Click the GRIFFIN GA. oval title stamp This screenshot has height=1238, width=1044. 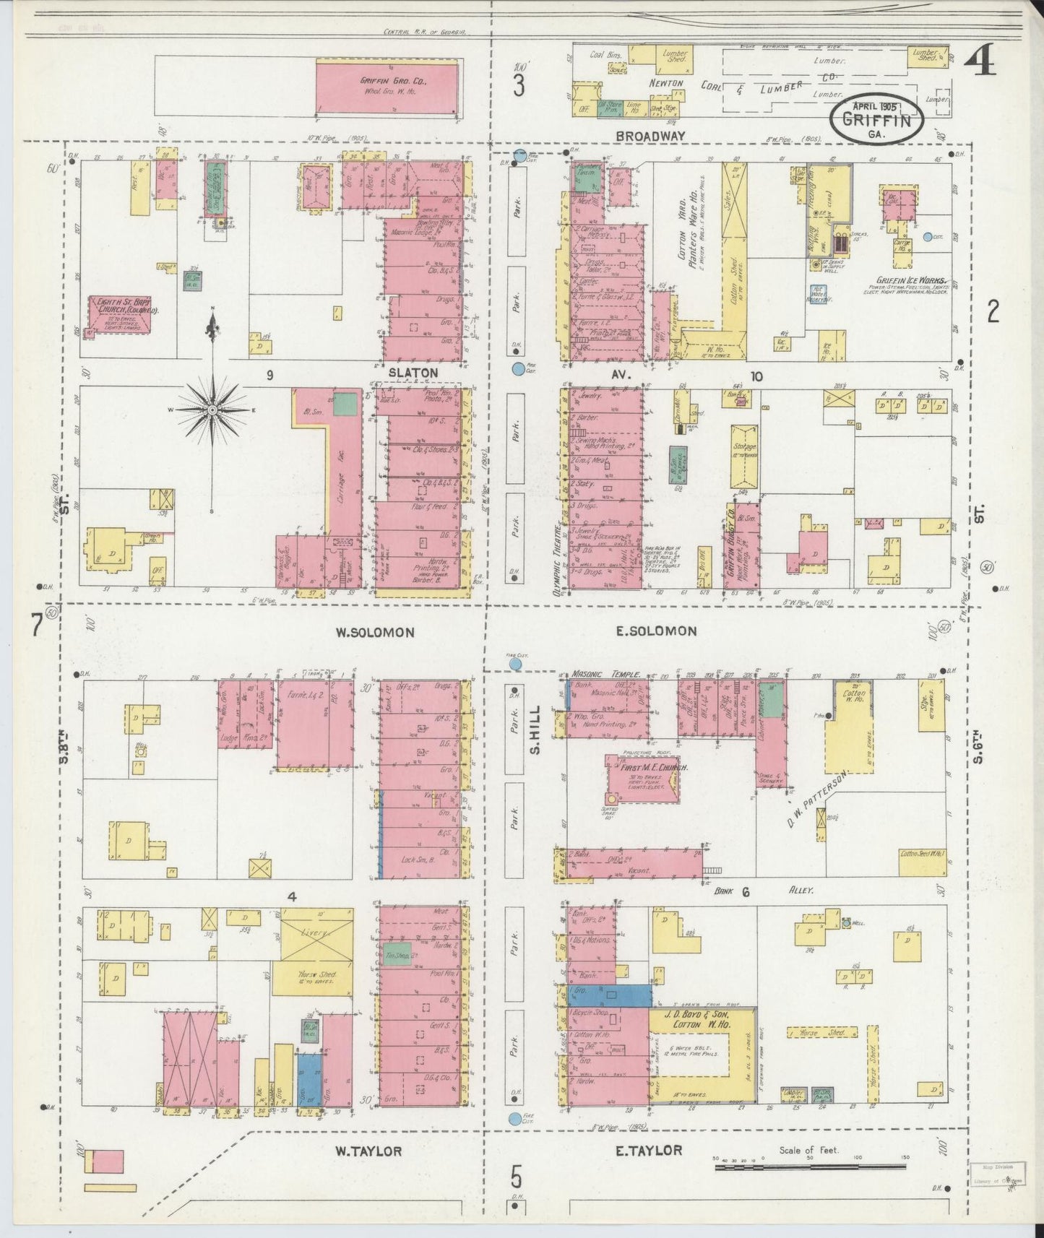coord(876,118)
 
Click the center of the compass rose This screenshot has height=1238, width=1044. coord(212,410)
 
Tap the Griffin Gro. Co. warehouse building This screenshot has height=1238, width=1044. coord(387,87)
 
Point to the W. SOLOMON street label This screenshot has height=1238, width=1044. coord(374,632)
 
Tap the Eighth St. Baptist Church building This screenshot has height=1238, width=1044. coord(121,313)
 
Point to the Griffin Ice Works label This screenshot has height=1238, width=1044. coord(913,280)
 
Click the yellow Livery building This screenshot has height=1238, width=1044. coord(316,934)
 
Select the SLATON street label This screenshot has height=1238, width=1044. coord(413,373)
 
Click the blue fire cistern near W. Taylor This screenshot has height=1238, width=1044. coord(515,1139)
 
